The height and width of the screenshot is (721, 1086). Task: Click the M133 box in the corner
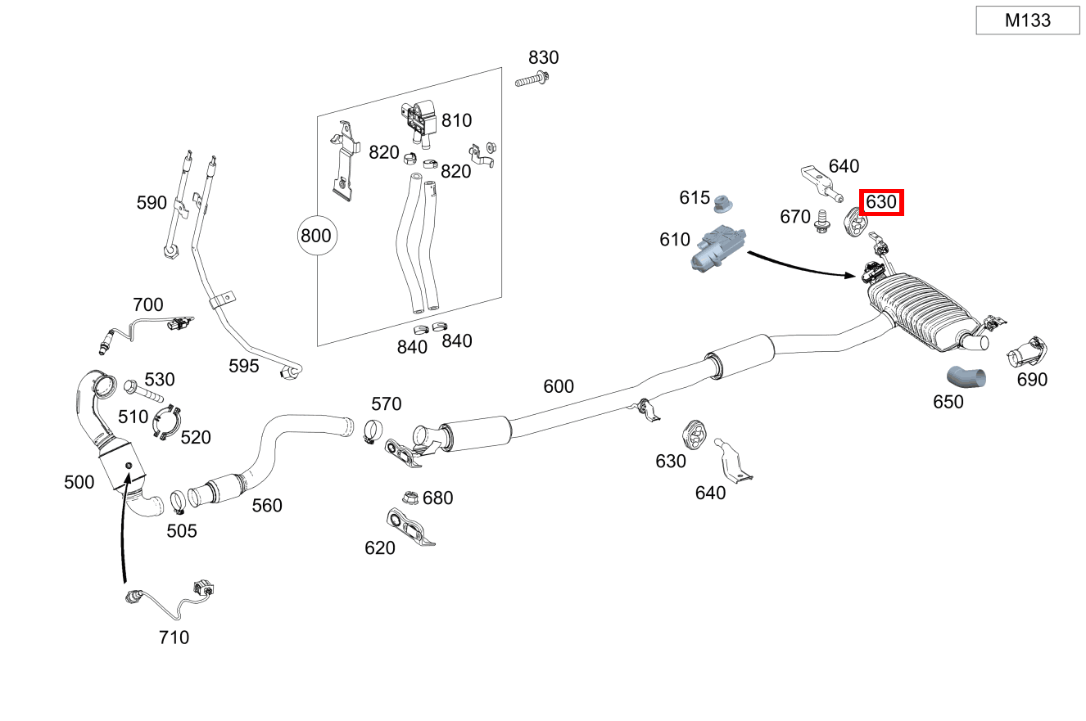[1027, 20]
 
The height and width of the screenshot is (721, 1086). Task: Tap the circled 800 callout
[315, 236]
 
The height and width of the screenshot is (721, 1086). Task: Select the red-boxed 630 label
[880, 202]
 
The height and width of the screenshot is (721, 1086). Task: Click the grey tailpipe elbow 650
[966, 377]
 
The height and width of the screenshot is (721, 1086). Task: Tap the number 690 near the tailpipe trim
[1032, 380]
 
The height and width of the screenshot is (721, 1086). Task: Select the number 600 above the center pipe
[559, 386]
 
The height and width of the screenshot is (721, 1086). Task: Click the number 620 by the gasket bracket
[380, 548]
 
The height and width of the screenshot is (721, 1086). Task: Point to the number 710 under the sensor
[174, 637]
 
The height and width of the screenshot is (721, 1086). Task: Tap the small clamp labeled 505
[178, 498]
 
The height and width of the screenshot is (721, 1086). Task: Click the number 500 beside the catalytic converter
[79, 482]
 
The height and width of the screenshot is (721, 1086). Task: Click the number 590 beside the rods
[152, 203]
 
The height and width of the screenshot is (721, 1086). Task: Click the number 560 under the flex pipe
[267, 506]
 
